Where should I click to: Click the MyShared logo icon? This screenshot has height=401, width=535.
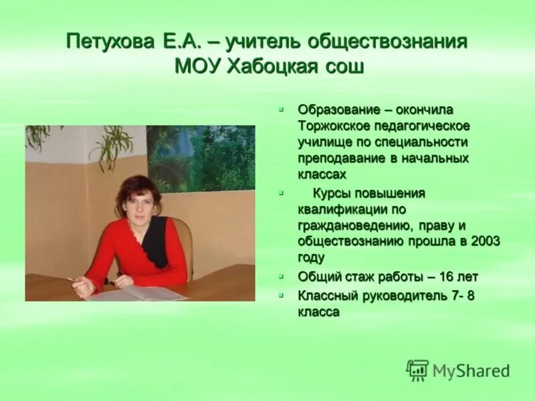click(417, 370)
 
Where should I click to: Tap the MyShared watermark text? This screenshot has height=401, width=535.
click(471, 371)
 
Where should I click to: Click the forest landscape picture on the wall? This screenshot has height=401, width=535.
click(201, 158)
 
